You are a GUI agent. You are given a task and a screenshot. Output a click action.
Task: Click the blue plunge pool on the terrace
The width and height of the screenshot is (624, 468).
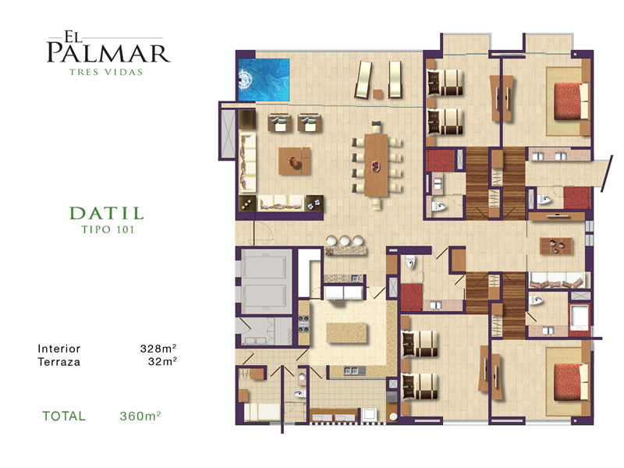coord(264,80)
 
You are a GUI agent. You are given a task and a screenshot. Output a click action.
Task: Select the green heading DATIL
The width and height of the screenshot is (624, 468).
coord(107,213)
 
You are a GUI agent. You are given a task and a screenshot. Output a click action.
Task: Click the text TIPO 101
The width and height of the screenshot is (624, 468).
coord(108,229)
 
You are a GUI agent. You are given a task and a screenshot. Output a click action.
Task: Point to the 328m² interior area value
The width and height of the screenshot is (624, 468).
coord(158,349)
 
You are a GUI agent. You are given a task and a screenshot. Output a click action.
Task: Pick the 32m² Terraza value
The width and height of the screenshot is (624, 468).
coord(162,362)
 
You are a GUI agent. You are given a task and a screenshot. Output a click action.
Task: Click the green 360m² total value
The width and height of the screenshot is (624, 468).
coord(140,416)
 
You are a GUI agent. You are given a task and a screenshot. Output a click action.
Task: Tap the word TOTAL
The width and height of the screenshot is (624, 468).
coord(64,417)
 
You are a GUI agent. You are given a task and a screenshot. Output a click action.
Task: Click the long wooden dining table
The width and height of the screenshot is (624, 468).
coord(376,165)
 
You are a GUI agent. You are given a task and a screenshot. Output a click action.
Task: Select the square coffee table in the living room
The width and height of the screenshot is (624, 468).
coord(295,161)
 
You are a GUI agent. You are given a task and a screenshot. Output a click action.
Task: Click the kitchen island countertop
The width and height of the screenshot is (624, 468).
coord(346,333)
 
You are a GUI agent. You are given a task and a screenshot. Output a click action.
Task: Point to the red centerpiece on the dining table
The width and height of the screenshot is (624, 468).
coord(376,165)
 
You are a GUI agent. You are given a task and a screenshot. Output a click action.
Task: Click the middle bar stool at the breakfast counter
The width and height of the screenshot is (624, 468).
coord(345,240)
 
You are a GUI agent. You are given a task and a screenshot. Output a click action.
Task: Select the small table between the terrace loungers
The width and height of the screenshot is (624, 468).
coord(378,94)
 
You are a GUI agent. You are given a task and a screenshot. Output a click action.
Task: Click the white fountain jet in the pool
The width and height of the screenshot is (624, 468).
coord(245,80)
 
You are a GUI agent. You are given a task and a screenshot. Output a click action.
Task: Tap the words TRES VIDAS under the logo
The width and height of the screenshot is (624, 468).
coord(106,72)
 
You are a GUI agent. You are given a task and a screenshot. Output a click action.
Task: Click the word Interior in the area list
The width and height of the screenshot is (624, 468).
coord(59,349)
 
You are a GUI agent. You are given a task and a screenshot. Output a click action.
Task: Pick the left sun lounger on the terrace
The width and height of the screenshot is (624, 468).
coord(363,80)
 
